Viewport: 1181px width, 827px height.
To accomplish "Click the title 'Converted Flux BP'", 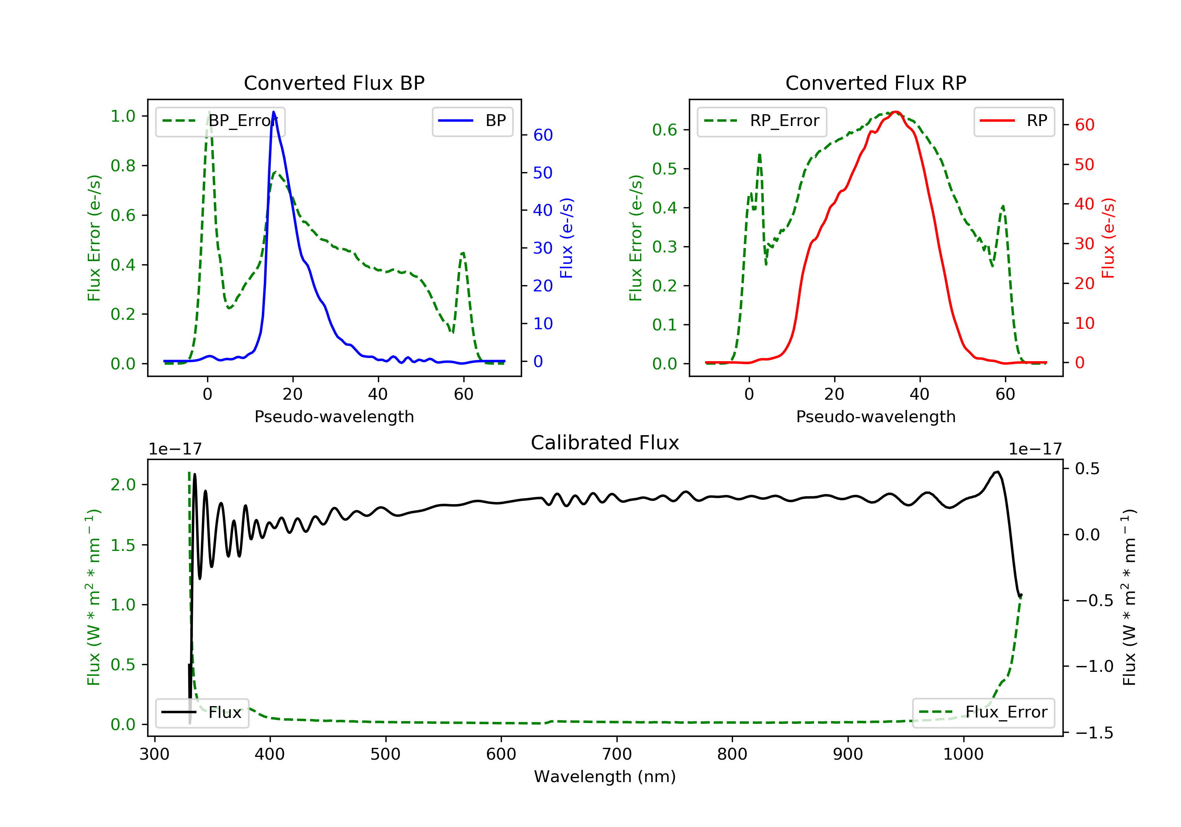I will pyautogui.click(x=334, y=83).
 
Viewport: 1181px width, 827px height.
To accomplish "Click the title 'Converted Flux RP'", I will pyautogui.click(x=876, y=83).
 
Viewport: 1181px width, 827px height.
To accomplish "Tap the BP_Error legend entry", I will pyautogui.click(x=220, y=121).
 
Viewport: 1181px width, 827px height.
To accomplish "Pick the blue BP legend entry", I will pyautogui.click(x=472, y=121).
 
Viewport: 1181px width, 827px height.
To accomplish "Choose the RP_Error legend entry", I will pyautogui.click(x=761, y=121).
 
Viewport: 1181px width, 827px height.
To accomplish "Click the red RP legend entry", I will pyautogui.click(x=1014, y=121).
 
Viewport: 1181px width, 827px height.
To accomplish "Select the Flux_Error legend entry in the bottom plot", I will pyautogui.click(x=983, y=712).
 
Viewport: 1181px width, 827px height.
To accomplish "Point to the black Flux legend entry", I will pyautogui.click(x=202, y=712).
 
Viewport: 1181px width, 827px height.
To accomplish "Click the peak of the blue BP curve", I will pyautogui.click(x=273, y=112).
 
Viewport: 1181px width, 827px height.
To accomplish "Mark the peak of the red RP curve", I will pyautogui.click(x=896, y=112).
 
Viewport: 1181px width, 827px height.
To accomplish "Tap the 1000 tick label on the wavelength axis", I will pyautogui.click(x=963, y=755).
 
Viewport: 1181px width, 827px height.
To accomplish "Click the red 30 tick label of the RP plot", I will pyautogui.click(x=1084, y=243).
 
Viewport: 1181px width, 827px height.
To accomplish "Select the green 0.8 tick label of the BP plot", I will pyautogui.click(x=123, y=166).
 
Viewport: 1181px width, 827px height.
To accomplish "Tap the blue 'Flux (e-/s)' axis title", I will pyautogui.click(x=566, y=238).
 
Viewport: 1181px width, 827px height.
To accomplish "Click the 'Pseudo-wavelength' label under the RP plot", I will pyautogui.click(x=876, y=416).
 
